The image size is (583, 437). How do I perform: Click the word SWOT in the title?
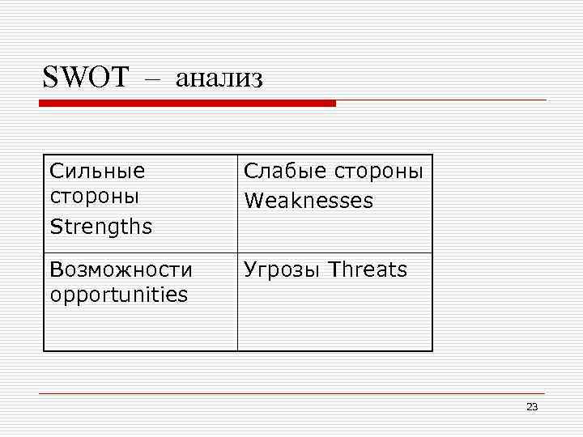click(x=85, y=78)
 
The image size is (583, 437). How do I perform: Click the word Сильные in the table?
click(x=97, y=171)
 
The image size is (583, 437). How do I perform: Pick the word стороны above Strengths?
click(x=94, y=196)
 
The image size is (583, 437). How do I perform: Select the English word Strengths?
click(x=100, y=227)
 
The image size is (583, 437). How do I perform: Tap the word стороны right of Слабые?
click(x=377, y=171)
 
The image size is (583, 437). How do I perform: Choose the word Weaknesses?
click(x=309, y=200)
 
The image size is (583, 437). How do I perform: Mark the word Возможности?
click(x=121, y=269)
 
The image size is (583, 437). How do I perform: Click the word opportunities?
click(x=118, y=295)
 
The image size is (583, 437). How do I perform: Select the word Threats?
click(x=369, y=269)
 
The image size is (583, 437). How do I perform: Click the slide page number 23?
click(x=531, y=407)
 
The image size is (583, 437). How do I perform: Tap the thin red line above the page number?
click(x=291, y=394)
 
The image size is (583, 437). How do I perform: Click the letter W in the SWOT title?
click(x=73, y=78)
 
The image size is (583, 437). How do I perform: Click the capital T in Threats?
click(x=335, y=269)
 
